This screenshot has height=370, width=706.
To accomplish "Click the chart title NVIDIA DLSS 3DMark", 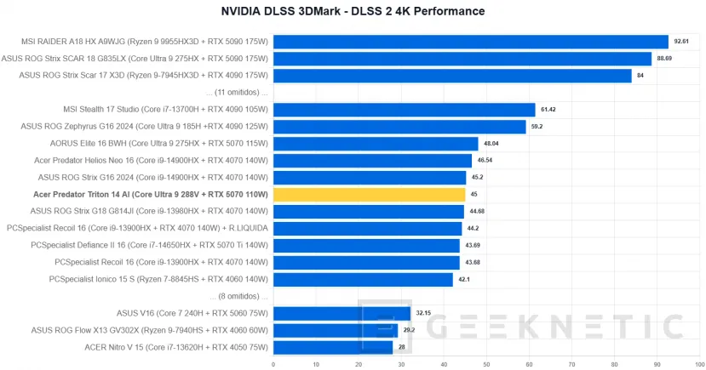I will [x=353, y=11].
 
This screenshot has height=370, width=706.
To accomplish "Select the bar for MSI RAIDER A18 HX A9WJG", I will [x=470, y=42].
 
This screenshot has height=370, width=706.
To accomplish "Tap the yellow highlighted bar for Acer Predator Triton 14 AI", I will [x=369, y=195].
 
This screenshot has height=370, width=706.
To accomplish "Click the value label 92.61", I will [x=680, y=42].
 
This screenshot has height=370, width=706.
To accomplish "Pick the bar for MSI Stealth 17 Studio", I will [x=404, y=110].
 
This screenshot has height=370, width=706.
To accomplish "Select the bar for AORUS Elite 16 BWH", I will [x=376, y=144].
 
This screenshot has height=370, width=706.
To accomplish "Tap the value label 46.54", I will [x=485, y=161].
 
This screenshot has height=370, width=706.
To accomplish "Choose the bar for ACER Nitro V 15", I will [x=333, y=347].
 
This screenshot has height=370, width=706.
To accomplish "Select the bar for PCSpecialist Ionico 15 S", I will [x=363, y=279].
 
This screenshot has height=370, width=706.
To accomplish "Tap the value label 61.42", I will [x=548, y=110].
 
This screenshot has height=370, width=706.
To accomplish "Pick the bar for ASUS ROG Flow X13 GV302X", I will [x=336, y=330].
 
